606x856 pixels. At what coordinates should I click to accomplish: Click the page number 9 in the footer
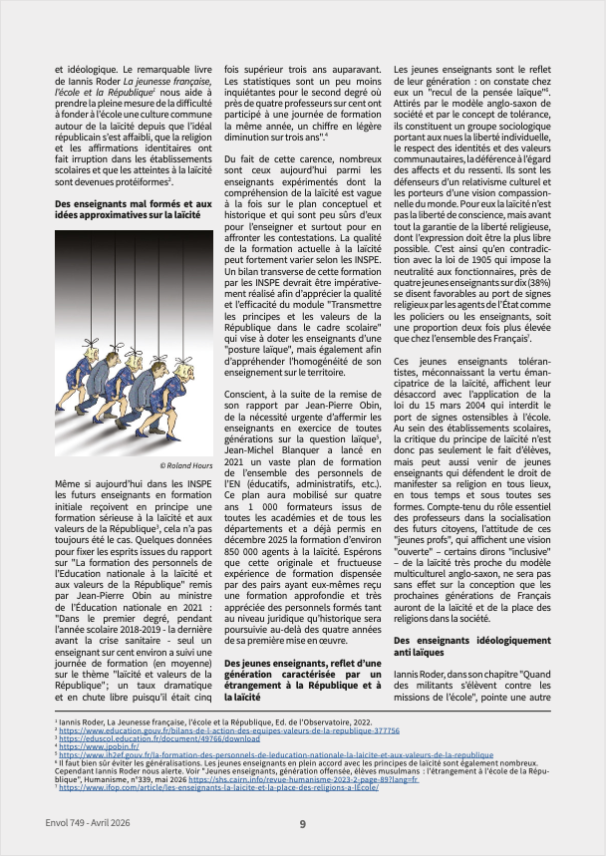click(x=303, y=823)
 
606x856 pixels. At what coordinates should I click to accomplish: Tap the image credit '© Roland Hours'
click(x=186, y=465)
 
